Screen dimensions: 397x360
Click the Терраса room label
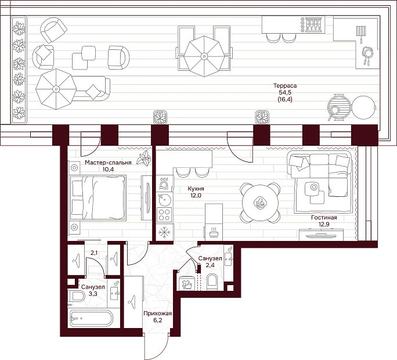pyautogui.click(x=285, y=85)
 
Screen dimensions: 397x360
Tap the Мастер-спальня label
pyautogui.click(x=108, y=163)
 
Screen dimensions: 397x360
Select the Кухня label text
pyautogui.click(x=196, y=189)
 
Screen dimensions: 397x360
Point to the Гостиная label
pyautogui.click(x=324, y=217)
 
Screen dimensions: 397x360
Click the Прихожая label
pyautogui.click(x=157, y=314)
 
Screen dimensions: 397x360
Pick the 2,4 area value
pyautogui.click(x=210, y=265)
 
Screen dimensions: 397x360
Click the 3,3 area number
pyautogui.click(x=93, y=294)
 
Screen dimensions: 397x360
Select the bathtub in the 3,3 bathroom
pyautogui.click(x=91, y=318)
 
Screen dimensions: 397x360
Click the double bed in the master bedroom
pyautogui.click(x=98, y=198)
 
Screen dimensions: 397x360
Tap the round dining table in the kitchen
pyautogui.click(x=260, y=203)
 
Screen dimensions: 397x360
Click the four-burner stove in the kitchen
pyautogui.click(x=164, y=215)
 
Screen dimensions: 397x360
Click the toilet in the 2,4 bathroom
pyautogui.click(x=212, y=282)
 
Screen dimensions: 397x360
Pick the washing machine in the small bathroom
pyautogui.click(x=186, y=283)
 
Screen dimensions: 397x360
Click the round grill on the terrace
pyautogui.click(x=338, y=107)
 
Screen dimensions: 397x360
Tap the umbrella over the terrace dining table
pyautogui.click(x=204, y=56)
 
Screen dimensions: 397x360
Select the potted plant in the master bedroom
pyautogui.click(x=143, y=158)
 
